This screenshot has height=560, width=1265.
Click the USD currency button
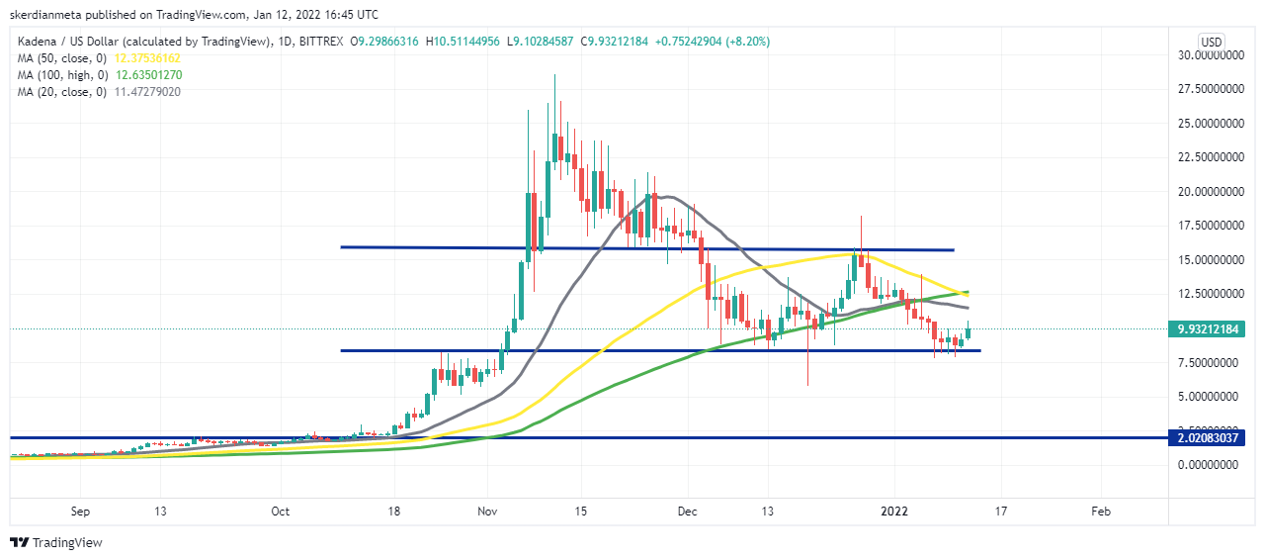click(x=1211, y=42)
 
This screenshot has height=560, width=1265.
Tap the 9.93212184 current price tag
click(x=1203, y=328)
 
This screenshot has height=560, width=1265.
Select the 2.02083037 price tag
click(x=1203, y=437)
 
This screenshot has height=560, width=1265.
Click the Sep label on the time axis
click(x=81, y=512)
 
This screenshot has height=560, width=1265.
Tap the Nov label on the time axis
click(x=486, y=512)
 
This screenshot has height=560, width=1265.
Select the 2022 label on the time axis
click(x=893, y=512)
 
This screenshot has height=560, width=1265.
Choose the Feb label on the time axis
click(x=1100, y=512)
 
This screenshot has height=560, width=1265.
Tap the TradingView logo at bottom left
click(x=56, y=542)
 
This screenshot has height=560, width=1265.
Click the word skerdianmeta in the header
click(x=47, y=15)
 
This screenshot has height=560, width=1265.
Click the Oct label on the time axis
click(x=281, y=512)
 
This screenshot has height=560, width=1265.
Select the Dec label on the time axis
click(x=689, y=512)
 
